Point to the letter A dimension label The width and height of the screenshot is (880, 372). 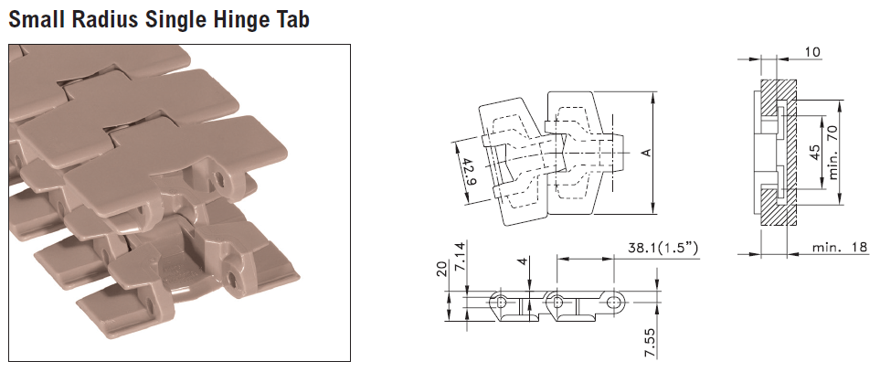647,153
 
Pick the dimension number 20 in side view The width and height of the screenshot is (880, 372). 441,270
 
